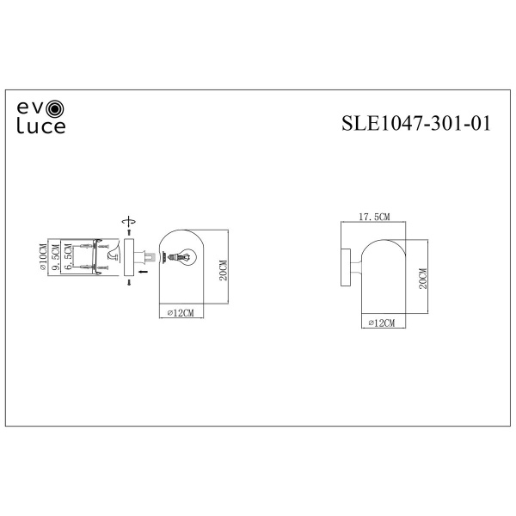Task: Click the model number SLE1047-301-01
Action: coord(416,123)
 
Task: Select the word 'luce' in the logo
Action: coord(41,126)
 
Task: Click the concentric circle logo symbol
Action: coord(55,108)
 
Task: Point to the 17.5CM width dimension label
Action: coord(374,217)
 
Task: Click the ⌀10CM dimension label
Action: coord(43,257)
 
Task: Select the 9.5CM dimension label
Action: coord(56,257)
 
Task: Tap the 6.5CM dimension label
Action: coord(68,256)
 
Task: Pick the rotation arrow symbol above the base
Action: coord(129,222)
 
